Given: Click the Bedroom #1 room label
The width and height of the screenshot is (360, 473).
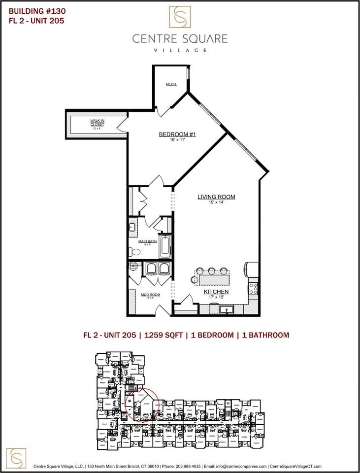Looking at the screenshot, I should tap(177, 135).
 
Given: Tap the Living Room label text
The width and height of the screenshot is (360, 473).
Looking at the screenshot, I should tap(216, 197).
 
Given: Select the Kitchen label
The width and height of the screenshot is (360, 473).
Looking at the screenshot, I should tap(216, 292).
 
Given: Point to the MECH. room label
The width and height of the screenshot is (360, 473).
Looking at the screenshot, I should tap(171, 85).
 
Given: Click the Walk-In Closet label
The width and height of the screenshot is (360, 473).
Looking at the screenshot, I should tap(97, 123).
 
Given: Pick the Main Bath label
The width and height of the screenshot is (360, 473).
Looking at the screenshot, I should tap(148, 241).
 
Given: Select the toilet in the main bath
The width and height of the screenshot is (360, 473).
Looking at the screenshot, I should tap(134, 251).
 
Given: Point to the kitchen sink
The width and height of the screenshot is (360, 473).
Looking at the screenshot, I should tap(227, 310).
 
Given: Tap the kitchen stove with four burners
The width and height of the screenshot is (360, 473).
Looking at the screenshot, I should tap(254, 288).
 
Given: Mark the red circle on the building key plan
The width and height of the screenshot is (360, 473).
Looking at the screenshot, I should tap(143, 404).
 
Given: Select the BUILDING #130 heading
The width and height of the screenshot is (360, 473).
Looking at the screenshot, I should tap(37, 10).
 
